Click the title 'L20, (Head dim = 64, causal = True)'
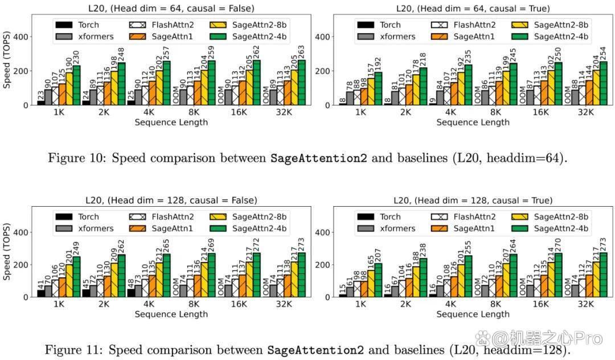click(x=473, y=8)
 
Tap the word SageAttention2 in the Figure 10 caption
click(x=318, y=158)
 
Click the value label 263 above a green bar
click(x=302, y=52)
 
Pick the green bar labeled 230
click(x=76, y=85)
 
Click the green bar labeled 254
click(x=603, y=83)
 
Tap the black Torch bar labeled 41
click(x=41, y=293)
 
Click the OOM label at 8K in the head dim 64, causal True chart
click(x=478, y=96)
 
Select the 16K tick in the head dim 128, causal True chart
click(x=540, y=304)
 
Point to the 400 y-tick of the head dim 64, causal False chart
click(x=20, y=37)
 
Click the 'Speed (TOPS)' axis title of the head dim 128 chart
click(x=6, y=252)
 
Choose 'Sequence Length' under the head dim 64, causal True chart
click(x=473, y=122)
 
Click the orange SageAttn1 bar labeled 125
click(x=62, y=94)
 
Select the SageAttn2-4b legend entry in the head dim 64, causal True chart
click(x=550, y=36)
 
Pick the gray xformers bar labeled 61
click(x=350, y=292)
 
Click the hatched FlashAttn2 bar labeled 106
click(x=55, y=288)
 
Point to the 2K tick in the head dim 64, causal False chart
click(x=104, y=112)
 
